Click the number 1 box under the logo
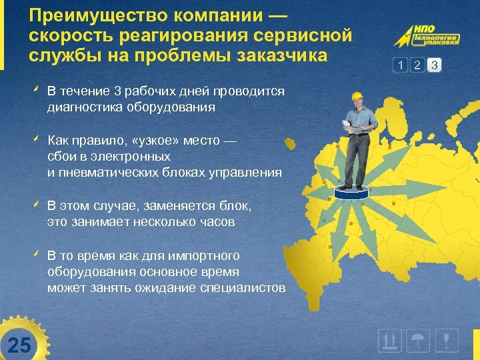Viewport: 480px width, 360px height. click(400, 65)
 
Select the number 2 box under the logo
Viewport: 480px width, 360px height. click(417, 65)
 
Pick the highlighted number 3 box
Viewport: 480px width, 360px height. click(434, 65)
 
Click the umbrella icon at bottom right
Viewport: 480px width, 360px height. click(418, 341)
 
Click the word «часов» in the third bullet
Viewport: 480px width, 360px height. click(218, 222)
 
